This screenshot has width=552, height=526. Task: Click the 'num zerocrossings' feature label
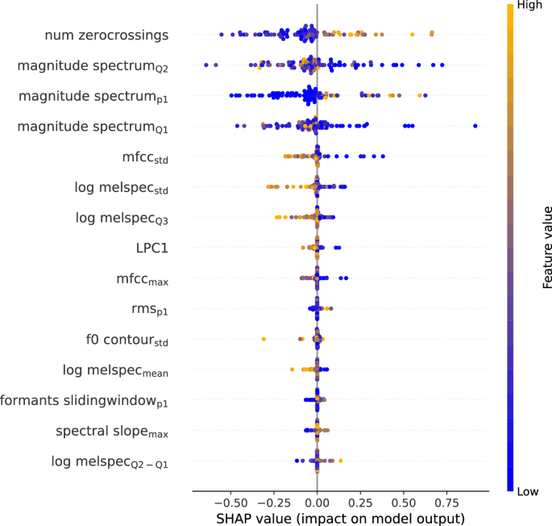(x=106, y=35)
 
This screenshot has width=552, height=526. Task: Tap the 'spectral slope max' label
(x=111, y=432)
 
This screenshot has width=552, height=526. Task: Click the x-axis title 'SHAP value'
(x=340, y=517)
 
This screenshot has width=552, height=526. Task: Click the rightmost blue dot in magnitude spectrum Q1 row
(x=475, y=126)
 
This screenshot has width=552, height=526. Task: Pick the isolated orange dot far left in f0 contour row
(x=264, y=339)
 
